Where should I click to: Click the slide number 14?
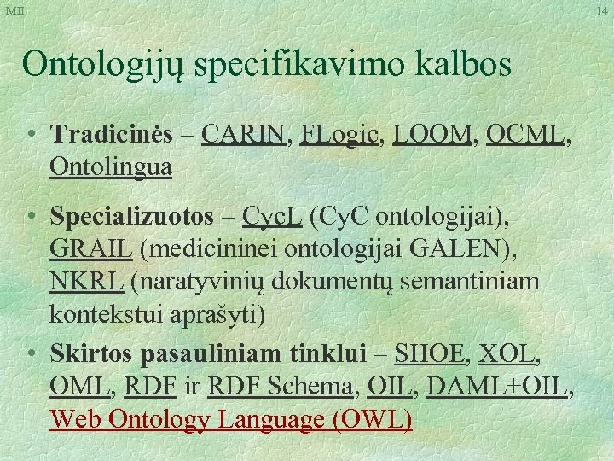tap(602, 11)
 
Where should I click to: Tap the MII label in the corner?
tap(15, 11)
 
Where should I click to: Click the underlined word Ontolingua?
tap(111, 166)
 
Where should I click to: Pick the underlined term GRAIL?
tap(91, 249)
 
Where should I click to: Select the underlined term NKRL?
tap(86, 281)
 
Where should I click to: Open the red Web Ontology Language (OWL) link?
tap(231, 419)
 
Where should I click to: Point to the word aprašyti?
tap(218, 313)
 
